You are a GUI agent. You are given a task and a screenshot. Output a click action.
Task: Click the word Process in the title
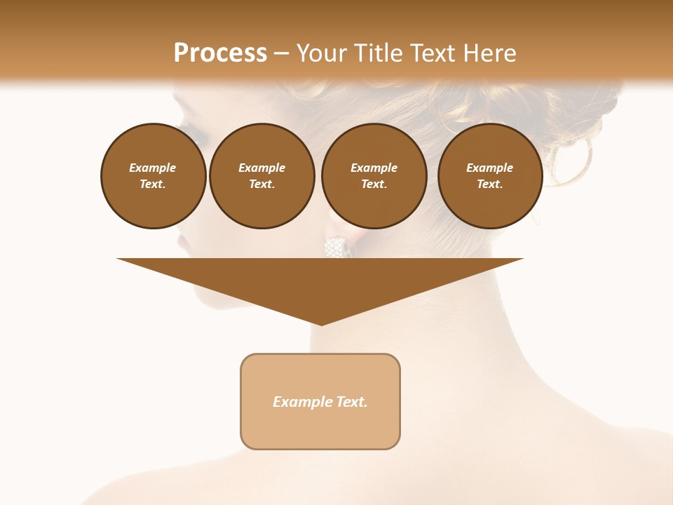220,53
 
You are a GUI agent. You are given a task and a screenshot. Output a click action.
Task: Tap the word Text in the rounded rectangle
352,402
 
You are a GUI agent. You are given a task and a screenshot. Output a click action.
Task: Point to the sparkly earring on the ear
336,247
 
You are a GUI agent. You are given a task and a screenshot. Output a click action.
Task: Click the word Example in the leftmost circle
153,168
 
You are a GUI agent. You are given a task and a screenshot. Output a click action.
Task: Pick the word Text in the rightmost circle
490,184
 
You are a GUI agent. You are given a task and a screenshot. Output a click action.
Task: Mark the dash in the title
281,53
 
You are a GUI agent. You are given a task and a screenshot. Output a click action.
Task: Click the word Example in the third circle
374,168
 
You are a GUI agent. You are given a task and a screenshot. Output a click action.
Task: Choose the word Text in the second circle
261,184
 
